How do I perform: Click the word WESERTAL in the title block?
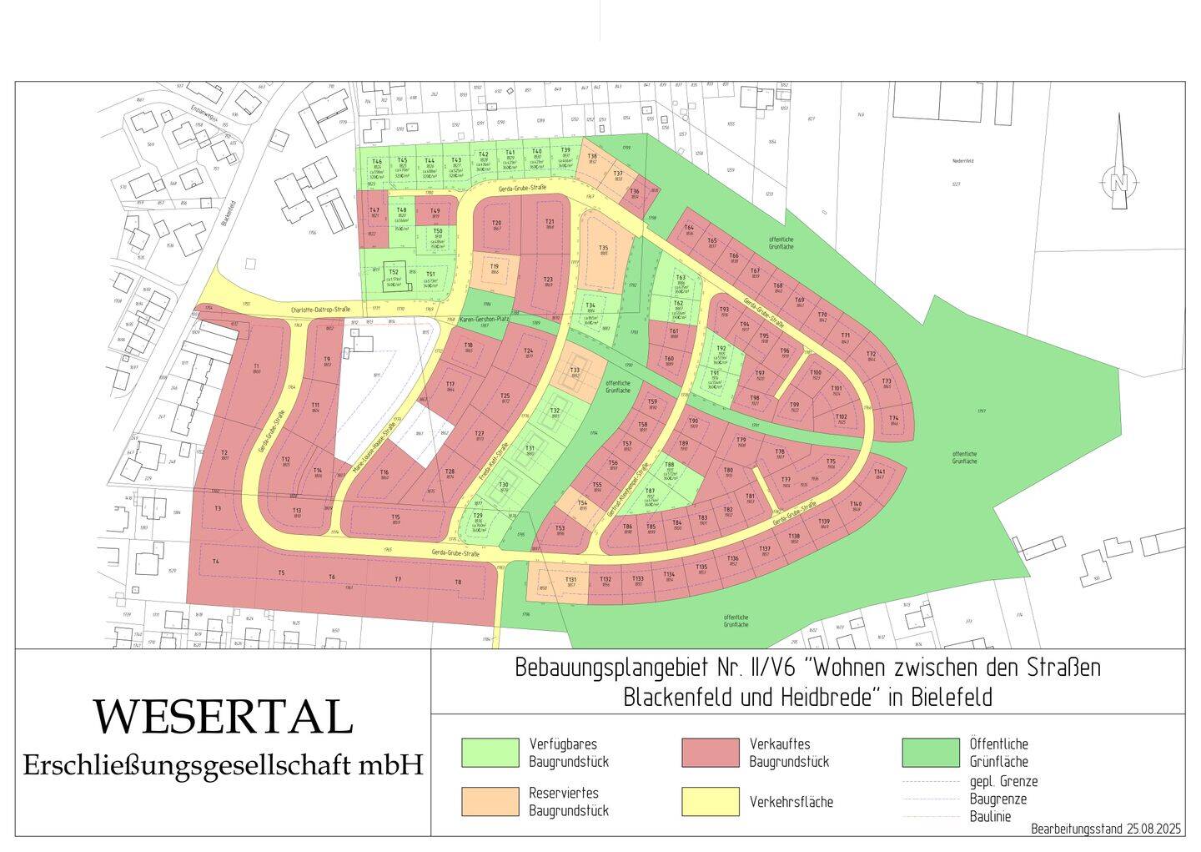(x=222, y=717)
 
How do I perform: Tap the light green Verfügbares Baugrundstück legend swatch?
(x=490, y=752)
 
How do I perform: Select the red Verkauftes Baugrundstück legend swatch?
(x=710, y=752)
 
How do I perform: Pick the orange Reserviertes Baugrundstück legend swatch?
(x=490, y=801)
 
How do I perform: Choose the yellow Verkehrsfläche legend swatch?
(x=710, y=801)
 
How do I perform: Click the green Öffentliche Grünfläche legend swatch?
(x=931, y=752)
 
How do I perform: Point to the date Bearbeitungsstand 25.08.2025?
(x=1106, y=829)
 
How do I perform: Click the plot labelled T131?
(x=570, y=582)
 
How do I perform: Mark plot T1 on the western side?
(x=257, y=368)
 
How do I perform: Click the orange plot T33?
(x=575, y=372)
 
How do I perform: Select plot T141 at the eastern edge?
(x=879, y=473)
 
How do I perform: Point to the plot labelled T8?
(x=457, y=582)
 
